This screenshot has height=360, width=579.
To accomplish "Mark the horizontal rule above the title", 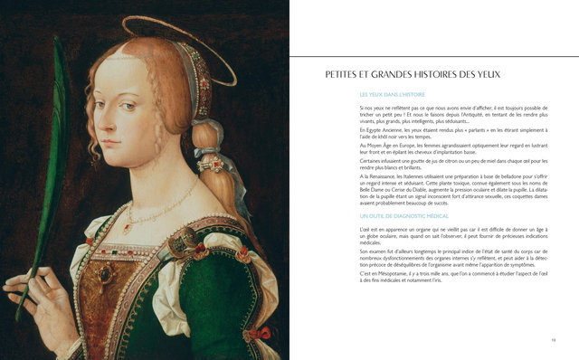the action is point(434,57).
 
